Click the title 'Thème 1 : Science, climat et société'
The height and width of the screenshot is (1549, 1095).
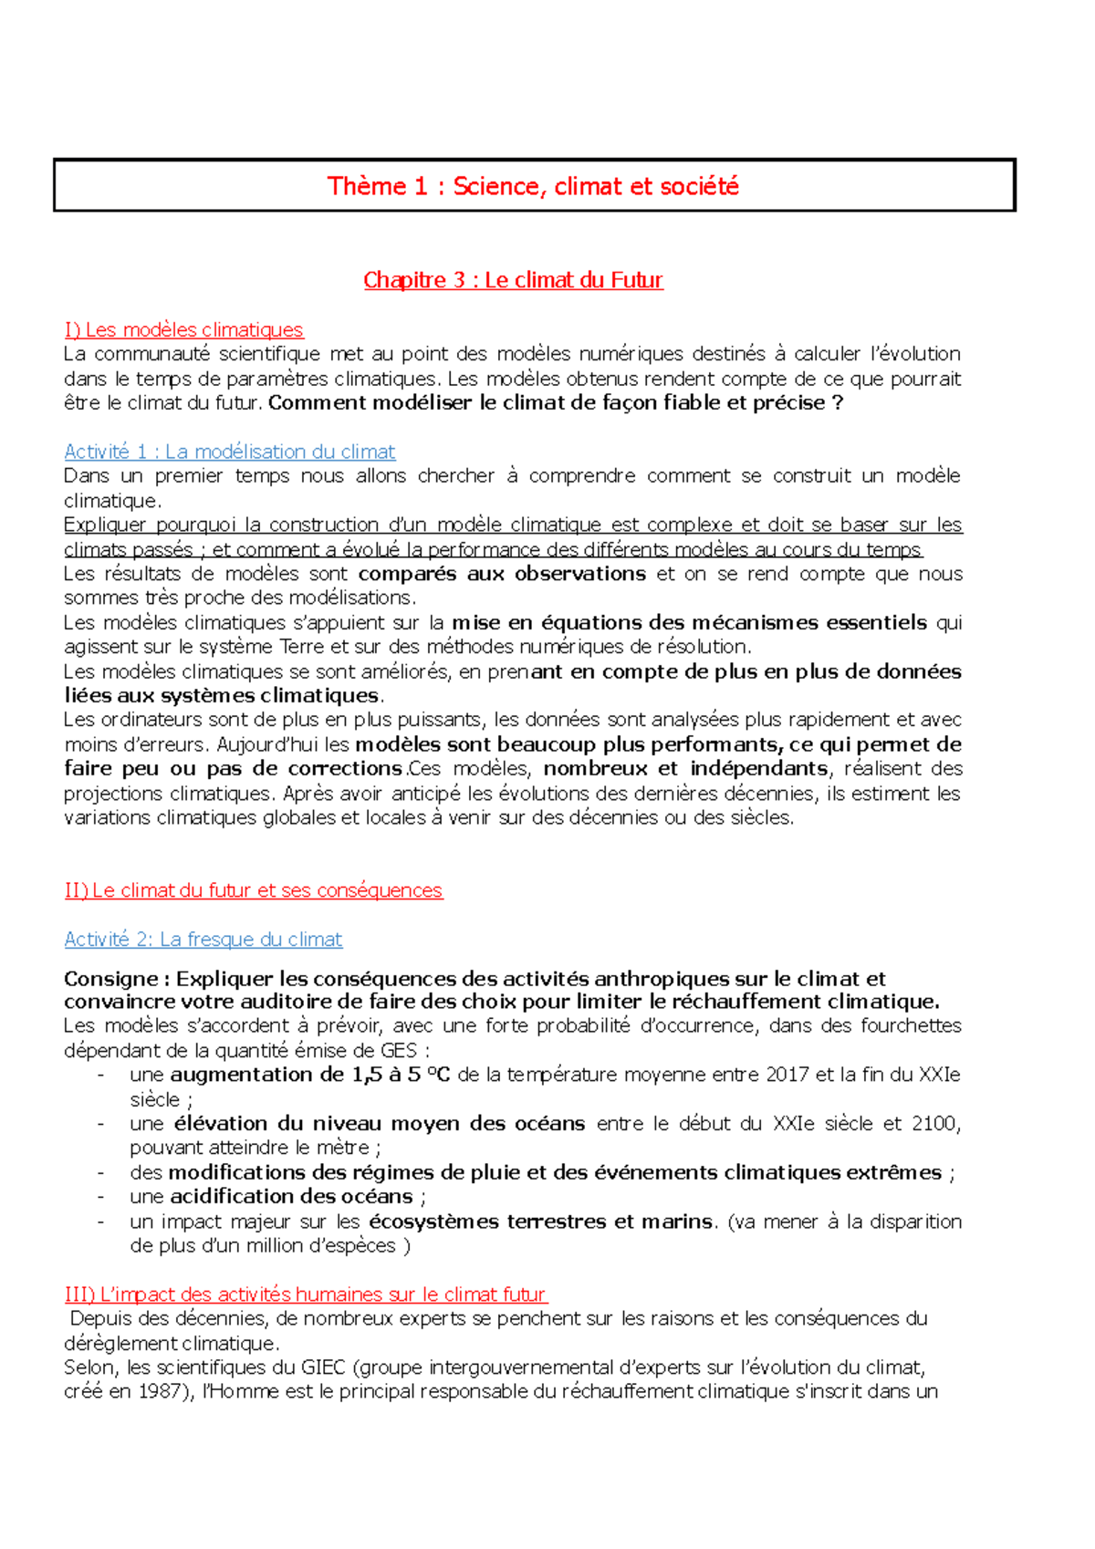[533, 186]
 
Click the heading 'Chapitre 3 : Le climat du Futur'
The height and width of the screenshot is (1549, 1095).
[513, 280]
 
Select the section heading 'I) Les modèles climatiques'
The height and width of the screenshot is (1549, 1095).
[183, 329]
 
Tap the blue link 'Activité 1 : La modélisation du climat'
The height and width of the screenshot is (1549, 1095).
[229, 452]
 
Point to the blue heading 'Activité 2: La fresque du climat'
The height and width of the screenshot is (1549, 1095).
[203, 940]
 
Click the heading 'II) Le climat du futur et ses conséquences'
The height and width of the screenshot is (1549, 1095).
[253, 890]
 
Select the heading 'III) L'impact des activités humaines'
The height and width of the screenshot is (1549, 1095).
[305, 1294]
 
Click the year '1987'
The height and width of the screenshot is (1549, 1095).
[158, 1392]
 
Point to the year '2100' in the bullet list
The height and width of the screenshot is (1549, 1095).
[933, 1124]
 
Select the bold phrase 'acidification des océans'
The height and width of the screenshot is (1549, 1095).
[292, 1197]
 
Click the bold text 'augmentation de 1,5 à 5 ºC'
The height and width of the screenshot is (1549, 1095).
[310, 1075]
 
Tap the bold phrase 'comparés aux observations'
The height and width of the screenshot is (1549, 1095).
[502, 574]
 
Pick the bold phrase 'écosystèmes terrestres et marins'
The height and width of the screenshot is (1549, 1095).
[540, 1222]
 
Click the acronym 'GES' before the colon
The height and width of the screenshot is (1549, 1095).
[398, 1051]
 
